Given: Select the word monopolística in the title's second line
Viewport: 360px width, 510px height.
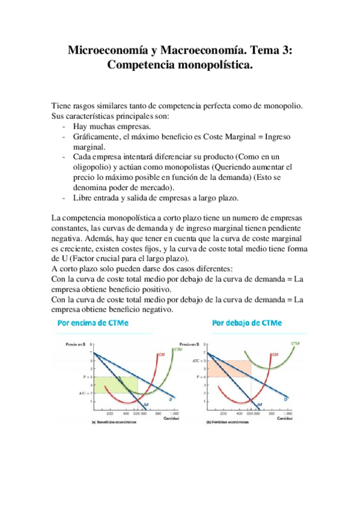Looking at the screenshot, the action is [203, 65].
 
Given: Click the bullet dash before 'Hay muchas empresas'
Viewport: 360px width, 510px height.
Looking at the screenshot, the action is [64, 127].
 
